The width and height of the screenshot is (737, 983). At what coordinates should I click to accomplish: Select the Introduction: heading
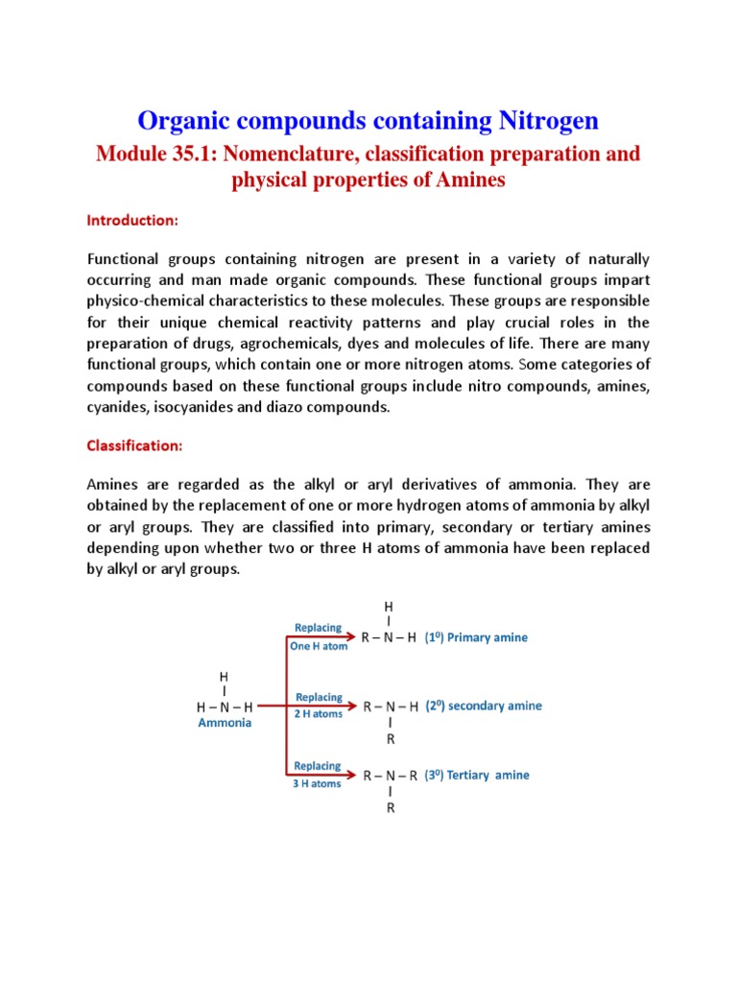(132, 220)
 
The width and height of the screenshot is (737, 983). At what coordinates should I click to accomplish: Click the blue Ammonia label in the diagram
(225, 723)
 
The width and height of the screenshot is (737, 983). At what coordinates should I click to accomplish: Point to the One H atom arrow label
(319, 647)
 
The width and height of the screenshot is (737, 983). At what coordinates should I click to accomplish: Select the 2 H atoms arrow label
(319, 715)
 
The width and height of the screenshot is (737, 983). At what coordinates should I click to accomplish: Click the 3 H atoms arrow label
(318, 784)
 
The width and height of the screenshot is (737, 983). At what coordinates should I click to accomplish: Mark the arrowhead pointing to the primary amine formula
(352, 637)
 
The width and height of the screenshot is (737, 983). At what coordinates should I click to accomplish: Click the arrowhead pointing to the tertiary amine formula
(352, 775)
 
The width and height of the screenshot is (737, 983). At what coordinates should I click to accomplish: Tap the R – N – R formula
(390, 776)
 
